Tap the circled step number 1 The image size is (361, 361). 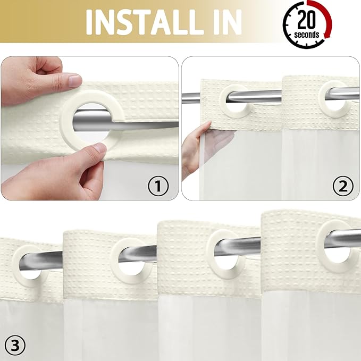coord(158,186)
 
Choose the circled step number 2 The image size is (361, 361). coord(342,186)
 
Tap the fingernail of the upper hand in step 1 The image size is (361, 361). coord(74,81)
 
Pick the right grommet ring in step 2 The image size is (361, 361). coord(335,98)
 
